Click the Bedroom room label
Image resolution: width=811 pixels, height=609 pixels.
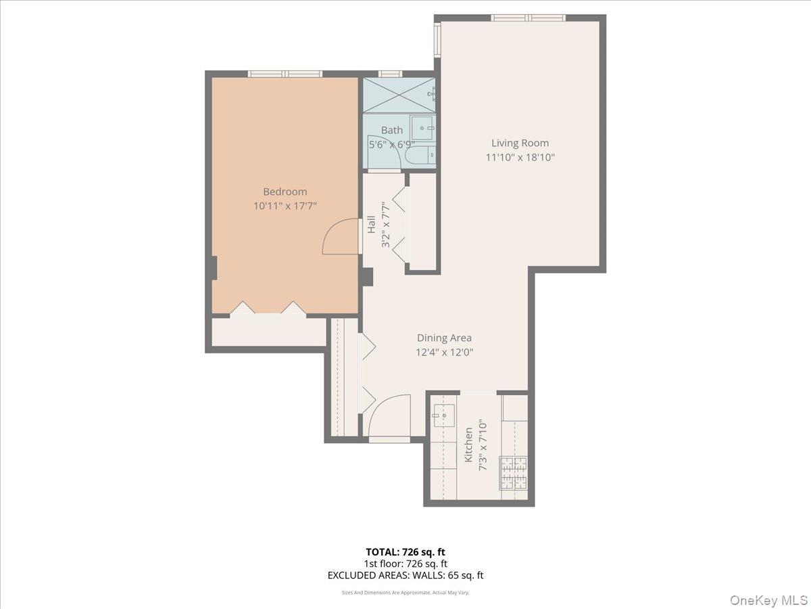[x=285, y=191]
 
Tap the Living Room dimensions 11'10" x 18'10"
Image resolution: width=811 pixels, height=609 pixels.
[x=520, y=157]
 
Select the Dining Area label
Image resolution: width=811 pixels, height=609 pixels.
[x=444, y=338]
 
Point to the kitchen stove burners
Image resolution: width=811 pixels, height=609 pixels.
[x=513, y=473]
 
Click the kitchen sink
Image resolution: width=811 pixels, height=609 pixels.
[x=444, y=416]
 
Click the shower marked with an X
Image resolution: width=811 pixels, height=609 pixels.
[x=399, y=95]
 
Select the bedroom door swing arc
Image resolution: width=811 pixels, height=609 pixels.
[x=339, y=238]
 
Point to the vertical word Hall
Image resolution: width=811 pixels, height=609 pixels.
[x=372, y=225]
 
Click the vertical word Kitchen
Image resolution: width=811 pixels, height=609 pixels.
[x=468, y=445]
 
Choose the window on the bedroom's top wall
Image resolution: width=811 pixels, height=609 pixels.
[x=285, y=74]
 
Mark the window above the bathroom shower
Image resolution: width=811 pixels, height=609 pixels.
[x=390, y=74]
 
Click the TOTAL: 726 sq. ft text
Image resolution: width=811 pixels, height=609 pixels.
[x=405, y=551]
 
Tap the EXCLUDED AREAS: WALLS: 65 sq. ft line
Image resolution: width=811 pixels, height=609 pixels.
[x=405, y=576]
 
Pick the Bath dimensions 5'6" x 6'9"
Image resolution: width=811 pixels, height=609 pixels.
[x=391, y=144]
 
